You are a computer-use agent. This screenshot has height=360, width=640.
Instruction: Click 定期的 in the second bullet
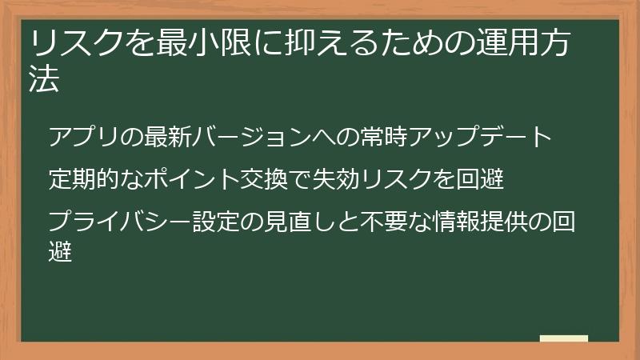pos(84,178)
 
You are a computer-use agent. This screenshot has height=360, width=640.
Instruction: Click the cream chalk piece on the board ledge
pos(564,338)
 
